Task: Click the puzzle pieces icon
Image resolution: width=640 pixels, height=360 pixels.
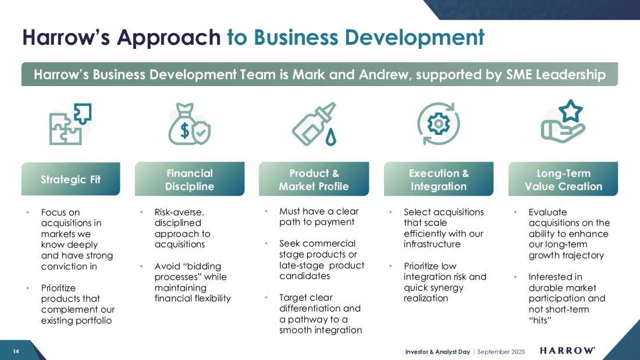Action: pyautogui.click(x=70, y=124)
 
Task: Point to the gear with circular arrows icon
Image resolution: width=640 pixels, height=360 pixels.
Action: pyautogui.click(x=438, y=124)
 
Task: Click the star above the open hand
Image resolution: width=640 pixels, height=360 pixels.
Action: pyautogui.click(x=571, y=111)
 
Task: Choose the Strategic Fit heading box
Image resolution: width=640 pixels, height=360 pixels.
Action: pyautogui.click(x=70, y=179)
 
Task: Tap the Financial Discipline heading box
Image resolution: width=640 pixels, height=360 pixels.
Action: pyautogui.click(x=190, y=179)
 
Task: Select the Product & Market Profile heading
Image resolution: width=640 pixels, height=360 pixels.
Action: pyautogui.click(x=314, y=179)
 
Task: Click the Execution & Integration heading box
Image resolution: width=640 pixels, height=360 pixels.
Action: pyautogui.click(x=438, y=179)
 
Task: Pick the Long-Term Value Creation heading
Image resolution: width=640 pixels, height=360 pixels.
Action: pyautogui.click(x=563, y=179)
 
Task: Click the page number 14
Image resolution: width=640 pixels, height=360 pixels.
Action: pyautogui.click(x=16, y=351)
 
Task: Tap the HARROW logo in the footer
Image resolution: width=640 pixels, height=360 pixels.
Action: pyautogui.click(x=567, y=351)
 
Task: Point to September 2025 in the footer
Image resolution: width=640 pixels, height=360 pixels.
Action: pyautogui.click(x=501, y=351)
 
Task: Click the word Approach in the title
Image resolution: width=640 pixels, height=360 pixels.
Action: pyautogui.click(x=169, y=38)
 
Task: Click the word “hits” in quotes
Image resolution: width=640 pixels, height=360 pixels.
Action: pyautogui.click(x=540, y=320)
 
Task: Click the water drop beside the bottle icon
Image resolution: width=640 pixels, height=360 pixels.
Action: pyautogui.click(x=330, y=137)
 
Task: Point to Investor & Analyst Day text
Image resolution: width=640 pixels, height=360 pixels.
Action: pyautogui.click(x=438, y=351)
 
